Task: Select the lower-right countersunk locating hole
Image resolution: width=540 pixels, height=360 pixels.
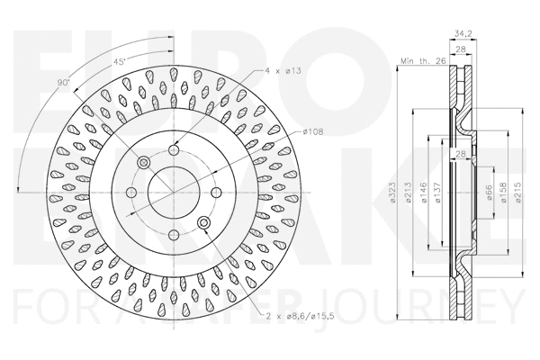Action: pyautogui.click(x=203, y=222)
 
